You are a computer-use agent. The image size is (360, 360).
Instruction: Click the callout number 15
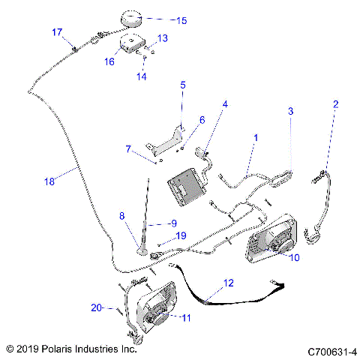click(x=181, y=20)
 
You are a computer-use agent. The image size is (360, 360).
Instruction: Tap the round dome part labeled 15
click(x=131, y=19)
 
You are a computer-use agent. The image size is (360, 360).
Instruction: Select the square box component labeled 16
click(x=133, y=43)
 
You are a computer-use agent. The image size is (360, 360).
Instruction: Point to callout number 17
click(x=57, y=32)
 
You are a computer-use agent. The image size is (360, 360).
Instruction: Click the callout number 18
click(x=49, y=181)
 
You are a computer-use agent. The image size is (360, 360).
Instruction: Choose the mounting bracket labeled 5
click(x=166, y=141)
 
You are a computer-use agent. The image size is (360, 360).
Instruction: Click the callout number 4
click(x=225, y=104)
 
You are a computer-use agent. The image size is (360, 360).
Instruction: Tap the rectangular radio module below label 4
click(x=187, y=187)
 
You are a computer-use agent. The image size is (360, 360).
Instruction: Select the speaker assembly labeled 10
click(x=272, y=239)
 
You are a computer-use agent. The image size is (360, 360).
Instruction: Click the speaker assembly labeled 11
click(x=156, y=307)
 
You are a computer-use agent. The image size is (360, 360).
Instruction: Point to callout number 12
click(x=228, y=283)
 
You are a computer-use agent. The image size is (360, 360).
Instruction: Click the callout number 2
click(x=335, y=104)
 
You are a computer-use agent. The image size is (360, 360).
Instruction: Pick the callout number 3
click(x=290, y=111)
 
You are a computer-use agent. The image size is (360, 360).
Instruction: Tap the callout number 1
click(x=256, y=138)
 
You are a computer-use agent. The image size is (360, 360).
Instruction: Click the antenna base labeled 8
click(x=142, y=250)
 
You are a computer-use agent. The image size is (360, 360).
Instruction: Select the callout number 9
click(x=174, y=223)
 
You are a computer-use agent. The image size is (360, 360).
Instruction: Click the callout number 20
click(x=96, y=307)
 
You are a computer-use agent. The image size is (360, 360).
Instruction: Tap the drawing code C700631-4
click(x=332, y=352)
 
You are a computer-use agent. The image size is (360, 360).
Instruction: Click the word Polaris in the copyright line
click(x=57, y=349)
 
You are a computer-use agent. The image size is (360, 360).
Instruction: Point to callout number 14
click(x=141, y=76)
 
